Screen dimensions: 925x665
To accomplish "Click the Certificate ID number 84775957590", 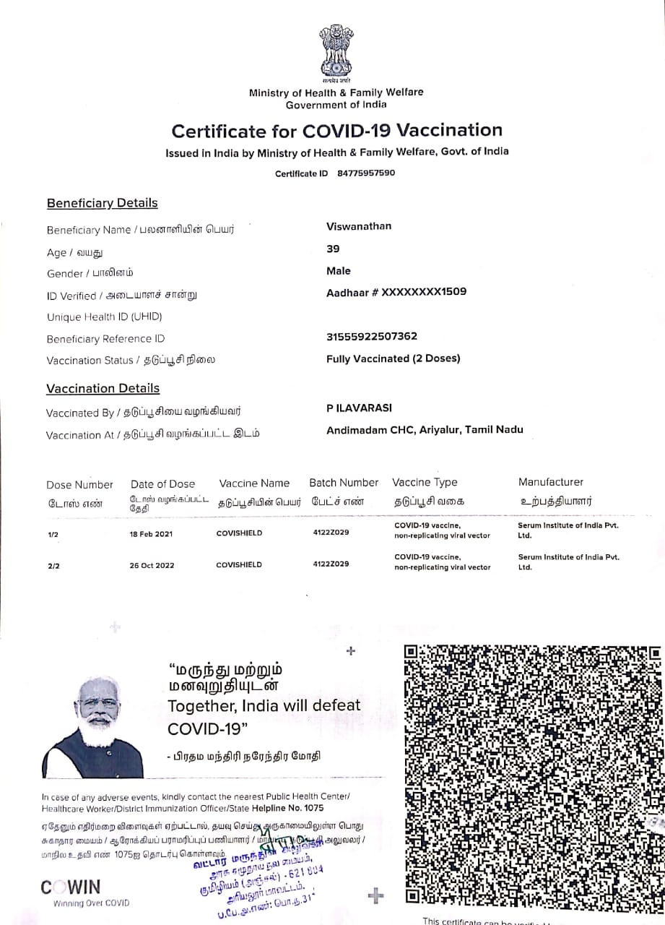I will (x=366, y=173).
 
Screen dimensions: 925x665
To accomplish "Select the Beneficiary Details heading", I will (x=102, y=203).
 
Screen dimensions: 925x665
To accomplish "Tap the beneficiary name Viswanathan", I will (x=359, y=226).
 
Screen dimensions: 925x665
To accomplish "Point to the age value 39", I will (x=333, y=249).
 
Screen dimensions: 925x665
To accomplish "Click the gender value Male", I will (x=339, y=271).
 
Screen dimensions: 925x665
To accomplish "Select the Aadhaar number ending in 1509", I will (x=396, y=292).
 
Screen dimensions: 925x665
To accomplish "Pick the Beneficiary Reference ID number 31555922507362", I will (x=372, y=336).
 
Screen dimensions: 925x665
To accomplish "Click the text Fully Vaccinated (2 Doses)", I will (x=393, y=358).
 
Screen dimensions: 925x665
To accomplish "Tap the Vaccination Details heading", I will (x=102, y=389).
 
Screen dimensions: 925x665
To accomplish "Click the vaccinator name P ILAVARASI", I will (x=359, y=408).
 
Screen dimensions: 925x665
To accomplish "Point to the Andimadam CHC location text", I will (x=425, y=429).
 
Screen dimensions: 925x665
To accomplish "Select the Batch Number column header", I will (x=344, y=483).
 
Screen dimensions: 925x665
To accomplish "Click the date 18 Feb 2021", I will (x=152, y=533).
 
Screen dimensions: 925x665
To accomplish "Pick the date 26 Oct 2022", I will (x=152, y=565).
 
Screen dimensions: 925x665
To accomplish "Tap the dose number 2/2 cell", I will (x=53, y=565).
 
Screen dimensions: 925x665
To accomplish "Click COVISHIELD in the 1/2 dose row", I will (x=239, y=533).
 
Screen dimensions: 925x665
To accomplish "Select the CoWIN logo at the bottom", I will (x=71, y=887).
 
